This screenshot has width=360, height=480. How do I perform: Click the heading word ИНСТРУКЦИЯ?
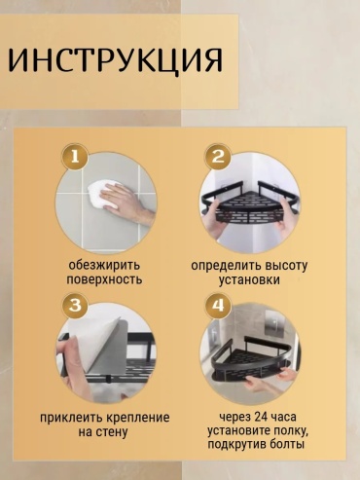[115, 59]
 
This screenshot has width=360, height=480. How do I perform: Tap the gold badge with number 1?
[75, 157]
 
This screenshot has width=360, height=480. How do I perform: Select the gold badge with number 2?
[218, 158]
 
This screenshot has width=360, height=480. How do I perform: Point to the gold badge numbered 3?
[75, 305]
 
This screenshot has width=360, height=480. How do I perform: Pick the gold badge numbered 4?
[218, 306]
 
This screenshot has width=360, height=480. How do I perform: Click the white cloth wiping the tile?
[103, 196]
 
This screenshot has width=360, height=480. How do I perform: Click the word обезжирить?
[104, 265]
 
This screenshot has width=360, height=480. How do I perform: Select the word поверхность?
[104, 279]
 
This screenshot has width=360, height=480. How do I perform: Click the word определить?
[225, 266]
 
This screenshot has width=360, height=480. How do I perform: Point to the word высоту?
[285, 266]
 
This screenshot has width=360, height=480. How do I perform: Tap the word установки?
[249, 280]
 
